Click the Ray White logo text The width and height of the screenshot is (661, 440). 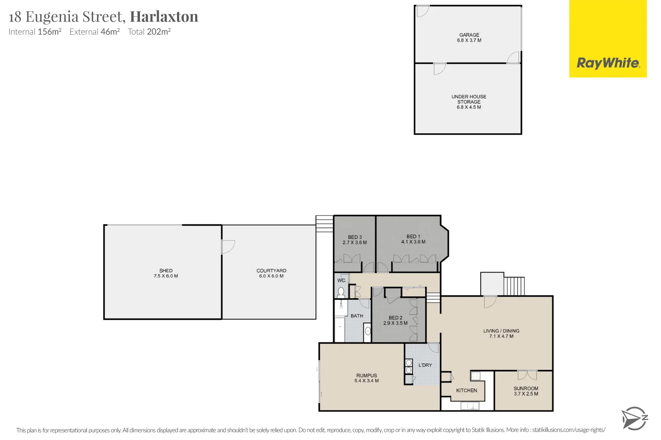[x=608, y=63]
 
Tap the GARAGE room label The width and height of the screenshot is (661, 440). [x=469, y=35]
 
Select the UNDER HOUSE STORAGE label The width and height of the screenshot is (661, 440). [x=469, y=99]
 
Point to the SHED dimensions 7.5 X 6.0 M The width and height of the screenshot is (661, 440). [x=166, y=276]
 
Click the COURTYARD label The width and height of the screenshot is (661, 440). [x=271, y=271]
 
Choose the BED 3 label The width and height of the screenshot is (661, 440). [x=355, y=237]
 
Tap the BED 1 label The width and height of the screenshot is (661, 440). [x=413, y=236]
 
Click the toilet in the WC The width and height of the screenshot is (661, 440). [x=341, y=292]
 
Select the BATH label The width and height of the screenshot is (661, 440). [x=357, y=316]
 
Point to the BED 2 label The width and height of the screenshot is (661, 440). [x=395, y=318]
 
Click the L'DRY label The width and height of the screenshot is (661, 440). [x=425, y=365]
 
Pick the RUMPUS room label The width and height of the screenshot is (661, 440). [x=366, y=376]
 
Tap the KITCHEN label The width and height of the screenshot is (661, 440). [x=466, y=390]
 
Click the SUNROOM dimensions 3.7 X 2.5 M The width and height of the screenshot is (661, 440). [x=526, y=394]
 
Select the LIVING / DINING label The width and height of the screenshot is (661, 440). [x=501, y=331]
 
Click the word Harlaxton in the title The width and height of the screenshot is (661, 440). [x=164, y=17]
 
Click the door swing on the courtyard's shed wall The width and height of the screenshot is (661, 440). [x=228, y=247]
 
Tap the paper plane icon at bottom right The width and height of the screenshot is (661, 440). [x=634, y=418]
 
